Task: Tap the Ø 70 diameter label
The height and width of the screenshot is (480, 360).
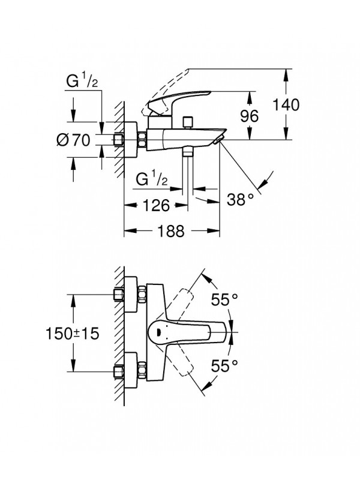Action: (x=73, y=142)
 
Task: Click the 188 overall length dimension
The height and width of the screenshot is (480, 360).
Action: (x=173, y=232)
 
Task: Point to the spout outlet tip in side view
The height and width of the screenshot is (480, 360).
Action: (x=219, y=140)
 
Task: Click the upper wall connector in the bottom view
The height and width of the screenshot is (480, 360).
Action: (x=129, y=296)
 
